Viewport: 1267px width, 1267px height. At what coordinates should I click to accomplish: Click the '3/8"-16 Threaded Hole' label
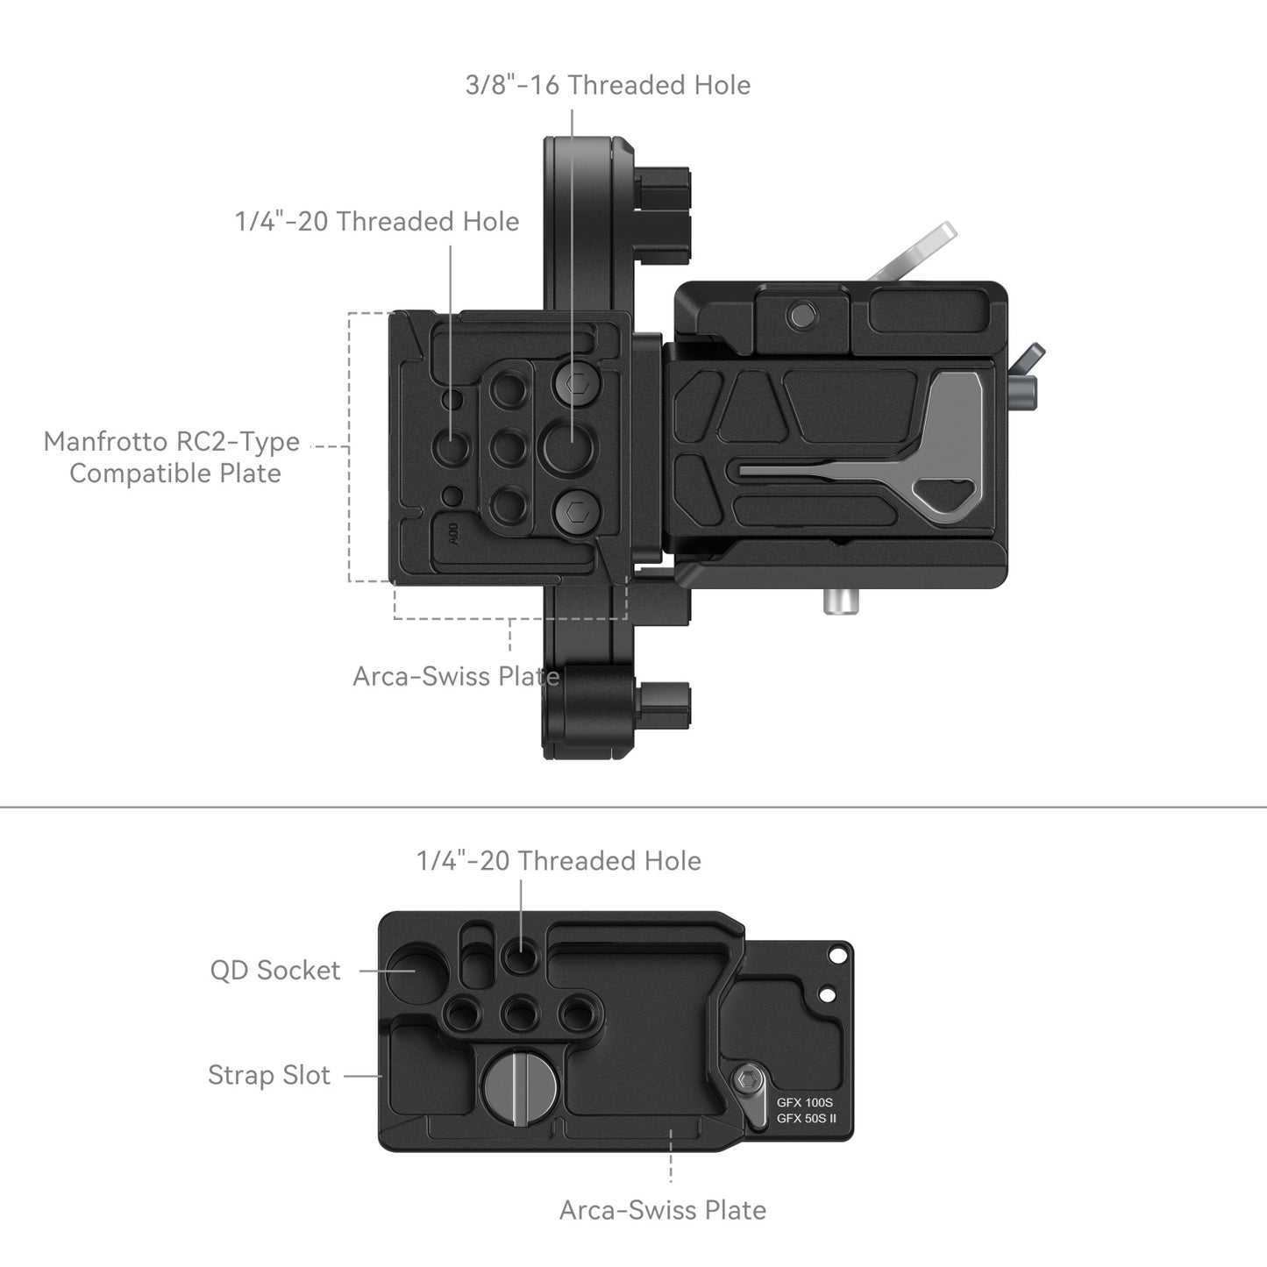coord(608,85)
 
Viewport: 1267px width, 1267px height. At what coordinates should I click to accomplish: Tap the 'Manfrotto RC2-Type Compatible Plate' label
coord(172,457)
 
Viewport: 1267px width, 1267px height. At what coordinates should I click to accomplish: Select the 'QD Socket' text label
coord(274,971)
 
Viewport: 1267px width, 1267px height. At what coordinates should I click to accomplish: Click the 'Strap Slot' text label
coord(269,1075)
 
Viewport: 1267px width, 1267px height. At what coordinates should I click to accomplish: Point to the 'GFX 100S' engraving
coord(805,1103)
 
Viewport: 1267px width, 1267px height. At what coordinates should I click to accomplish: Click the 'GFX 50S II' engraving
coord(807,1119)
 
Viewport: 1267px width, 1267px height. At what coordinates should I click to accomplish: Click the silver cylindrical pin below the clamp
coord(841,601)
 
